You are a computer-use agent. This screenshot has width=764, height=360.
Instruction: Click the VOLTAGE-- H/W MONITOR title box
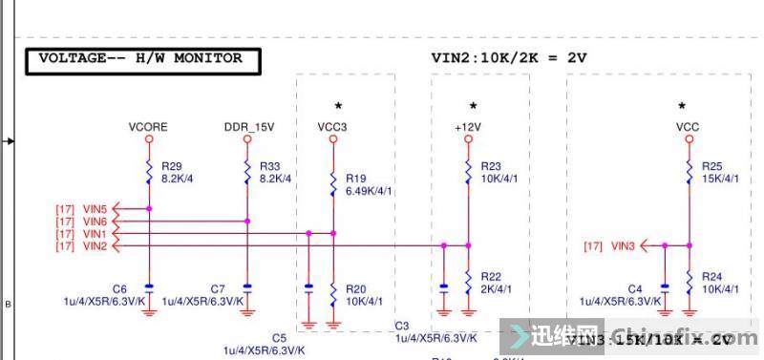pos(140,59)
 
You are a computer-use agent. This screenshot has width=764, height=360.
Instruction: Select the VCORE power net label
pos(148,126)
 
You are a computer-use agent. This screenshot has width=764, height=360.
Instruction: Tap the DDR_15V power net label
pos(248,126)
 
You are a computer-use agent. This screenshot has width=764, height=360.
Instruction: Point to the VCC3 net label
pos(333,126)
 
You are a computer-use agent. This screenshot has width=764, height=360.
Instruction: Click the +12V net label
pos(468,126)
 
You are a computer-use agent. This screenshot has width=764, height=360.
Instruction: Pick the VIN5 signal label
pos(95,208)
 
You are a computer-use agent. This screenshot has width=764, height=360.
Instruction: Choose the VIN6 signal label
pos(95,222)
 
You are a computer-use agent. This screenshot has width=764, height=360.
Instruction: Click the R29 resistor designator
pos(172,165)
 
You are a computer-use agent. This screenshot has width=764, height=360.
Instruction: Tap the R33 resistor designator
pos(269,165)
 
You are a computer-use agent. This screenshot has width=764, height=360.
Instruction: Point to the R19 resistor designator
pos(355,178)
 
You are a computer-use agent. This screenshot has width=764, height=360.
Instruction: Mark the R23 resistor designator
pos(491,165)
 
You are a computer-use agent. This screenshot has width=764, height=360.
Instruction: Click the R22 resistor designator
pos(491,276)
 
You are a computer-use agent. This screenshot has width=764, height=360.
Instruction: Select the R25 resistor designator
pos(711,165)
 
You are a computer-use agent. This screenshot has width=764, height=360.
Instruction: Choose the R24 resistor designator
pos(711,276)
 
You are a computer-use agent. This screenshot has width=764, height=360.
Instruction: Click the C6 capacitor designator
pos(119,288)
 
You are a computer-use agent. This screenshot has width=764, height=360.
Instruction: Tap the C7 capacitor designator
pos(218,288)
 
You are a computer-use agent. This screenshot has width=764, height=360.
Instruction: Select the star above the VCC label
pos(682,105)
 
